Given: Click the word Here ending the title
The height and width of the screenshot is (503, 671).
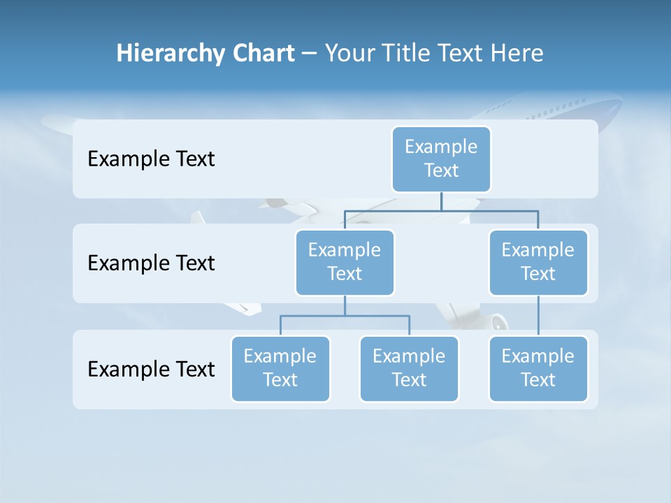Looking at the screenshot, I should click(517, 53).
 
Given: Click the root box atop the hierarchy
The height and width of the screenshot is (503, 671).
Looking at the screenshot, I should click(441, 159).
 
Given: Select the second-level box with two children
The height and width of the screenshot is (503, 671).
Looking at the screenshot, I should click(345, 262).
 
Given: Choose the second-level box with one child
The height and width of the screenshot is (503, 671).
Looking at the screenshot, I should click(538, 262).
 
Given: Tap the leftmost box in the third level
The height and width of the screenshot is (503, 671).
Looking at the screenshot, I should click(280, 368).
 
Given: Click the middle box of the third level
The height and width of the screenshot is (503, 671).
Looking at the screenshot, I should click(409, 368).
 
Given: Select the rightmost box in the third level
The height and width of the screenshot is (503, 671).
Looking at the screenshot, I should click(538, 368).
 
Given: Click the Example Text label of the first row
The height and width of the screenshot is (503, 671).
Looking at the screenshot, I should click(151, 159).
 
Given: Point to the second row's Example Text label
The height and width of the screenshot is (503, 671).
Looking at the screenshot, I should click(151, 263).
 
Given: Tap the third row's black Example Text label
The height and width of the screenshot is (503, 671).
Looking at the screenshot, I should click(151, 369).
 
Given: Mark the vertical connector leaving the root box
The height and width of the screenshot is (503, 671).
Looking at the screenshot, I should click(441, 201).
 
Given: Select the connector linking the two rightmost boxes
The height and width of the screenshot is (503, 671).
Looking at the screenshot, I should click(538, 316).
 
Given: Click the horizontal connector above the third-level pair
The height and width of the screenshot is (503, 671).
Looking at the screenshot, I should click(345, 316).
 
